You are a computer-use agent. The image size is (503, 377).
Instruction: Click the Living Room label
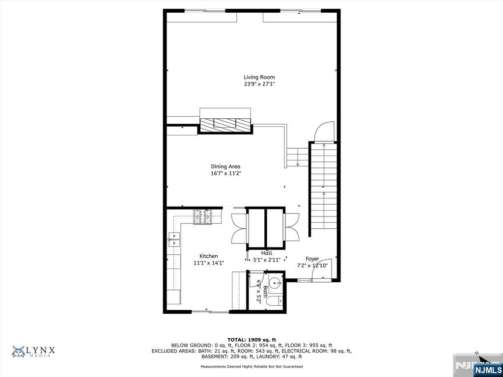(x=259, y=77)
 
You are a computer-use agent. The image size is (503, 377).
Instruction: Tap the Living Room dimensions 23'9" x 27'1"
(x=259, y=84)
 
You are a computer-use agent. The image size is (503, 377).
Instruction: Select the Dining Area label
(x=225, y=166)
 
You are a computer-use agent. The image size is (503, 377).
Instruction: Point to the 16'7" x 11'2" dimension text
(x=225, y=174)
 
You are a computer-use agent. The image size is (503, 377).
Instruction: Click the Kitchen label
(x=208, y=256)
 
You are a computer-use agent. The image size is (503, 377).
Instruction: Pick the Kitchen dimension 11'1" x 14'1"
(x=208, y=263)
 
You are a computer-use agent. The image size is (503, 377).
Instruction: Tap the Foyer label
(x=312, y=259)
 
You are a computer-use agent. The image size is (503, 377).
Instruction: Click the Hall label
(x=267, y=253)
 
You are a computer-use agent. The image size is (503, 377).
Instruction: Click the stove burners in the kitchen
(x=202, y=216)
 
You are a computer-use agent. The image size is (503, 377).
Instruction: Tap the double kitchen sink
(x=174, y=240)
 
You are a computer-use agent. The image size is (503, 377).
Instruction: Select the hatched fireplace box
(x=225, y=124)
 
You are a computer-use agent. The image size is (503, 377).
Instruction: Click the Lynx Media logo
(x=33, y=351)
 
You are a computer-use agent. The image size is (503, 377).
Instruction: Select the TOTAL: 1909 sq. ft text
(x=252, y=340)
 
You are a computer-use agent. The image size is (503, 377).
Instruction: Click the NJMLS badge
(x=488, y=369)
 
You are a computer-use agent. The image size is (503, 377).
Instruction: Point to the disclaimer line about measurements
(x=251, y=366)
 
